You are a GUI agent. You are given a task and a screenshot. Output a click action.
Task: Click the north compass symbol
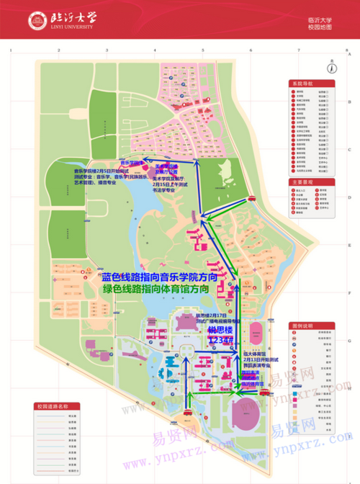point(332,68)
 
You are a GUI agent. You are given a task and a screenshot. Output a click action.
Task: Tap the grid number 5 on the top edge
point(203,51)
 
